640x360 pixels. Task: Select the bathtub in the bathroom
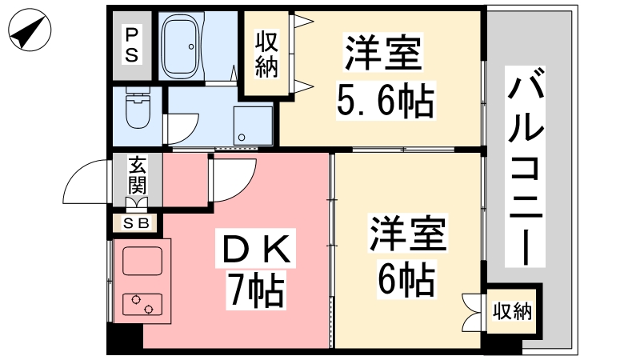tap(181, 46)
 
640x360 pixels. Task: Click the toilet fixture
tap(138, 107)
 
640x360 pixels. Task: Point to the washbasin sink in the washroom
tap(253, 126)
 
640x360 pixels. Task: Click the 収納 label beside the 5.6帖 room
tap(266, 54)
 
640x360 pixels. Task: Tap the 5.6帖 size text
tap(386, 101)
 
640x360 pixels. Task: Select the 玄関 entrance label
tap(137, 174)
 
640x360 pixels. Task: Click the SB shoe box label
tap(137, 223)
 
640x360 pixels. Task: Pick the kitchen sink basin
tap(142, 261)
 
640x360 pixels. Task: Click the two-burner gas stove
tap(142, 305)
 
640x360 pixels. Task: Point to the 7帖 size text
tap(256, 290)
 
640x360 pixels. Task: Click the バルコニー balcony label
tap(526, 166)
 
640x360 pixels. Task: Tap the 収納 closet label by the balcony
tap(512, 311)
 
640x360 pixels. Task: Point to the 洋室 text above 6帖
tap(407, 233)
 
